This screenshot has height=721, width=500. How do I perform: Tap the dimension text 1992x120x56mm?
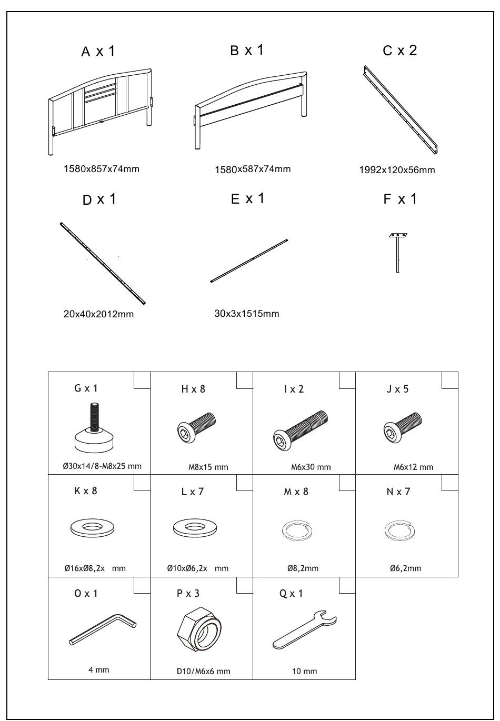pos(397,170)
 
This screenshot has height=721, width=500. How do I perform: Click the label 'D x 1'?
pos(99,199)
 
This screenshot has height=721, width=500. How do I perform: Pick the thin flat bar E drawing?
pos(249,261)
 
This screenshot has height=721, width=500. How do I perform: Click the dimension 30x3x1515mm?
pos(246,314)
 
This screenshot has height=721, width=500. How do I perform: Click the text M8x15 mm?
pos(208,467)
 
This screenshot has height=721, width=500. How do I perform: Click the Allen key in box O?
pos(103,629)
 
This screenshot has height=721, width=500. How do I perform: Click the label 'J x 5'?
pos(397,389)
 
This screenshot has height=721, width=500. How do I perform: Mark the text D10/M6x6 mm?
pos(203,671)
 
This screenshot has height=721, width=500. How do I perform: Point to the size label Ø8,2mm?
pos(303,568)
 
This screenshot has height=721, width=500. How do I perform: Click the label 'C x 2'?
pos(400,51)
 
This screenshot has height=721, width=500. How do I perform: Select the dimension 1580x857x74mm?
pos(102,169)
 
